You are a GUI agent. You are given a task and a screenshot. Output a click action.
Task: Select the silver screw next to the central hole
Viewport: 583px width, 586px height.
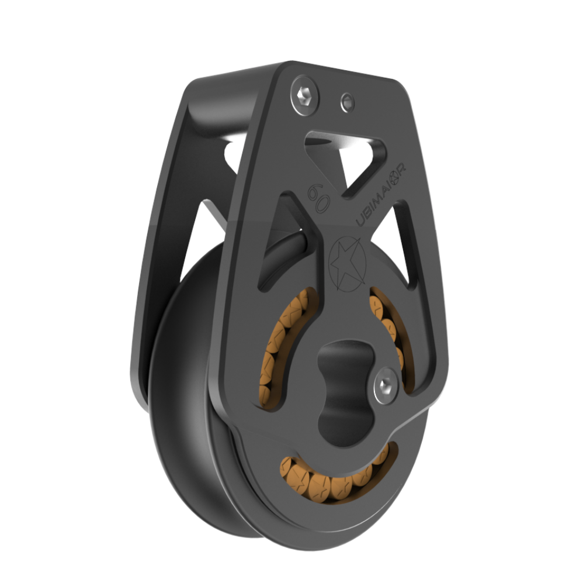pos(386,384)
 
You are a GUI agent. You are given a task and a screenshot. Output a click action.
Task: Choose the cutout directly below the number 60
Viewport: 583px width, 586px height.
pos(286,246)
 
